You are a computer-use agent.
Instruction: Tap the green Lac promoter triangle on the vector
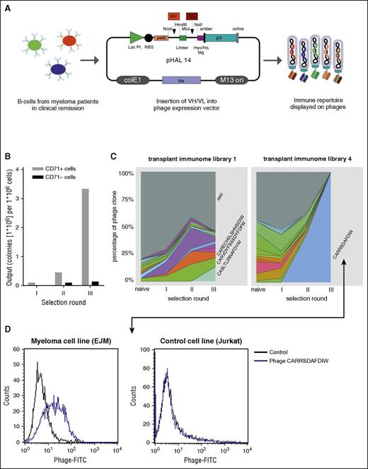click(x=133, y=37)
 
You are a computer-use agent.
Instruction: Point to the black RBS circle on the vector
click(x=148, y=37)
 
